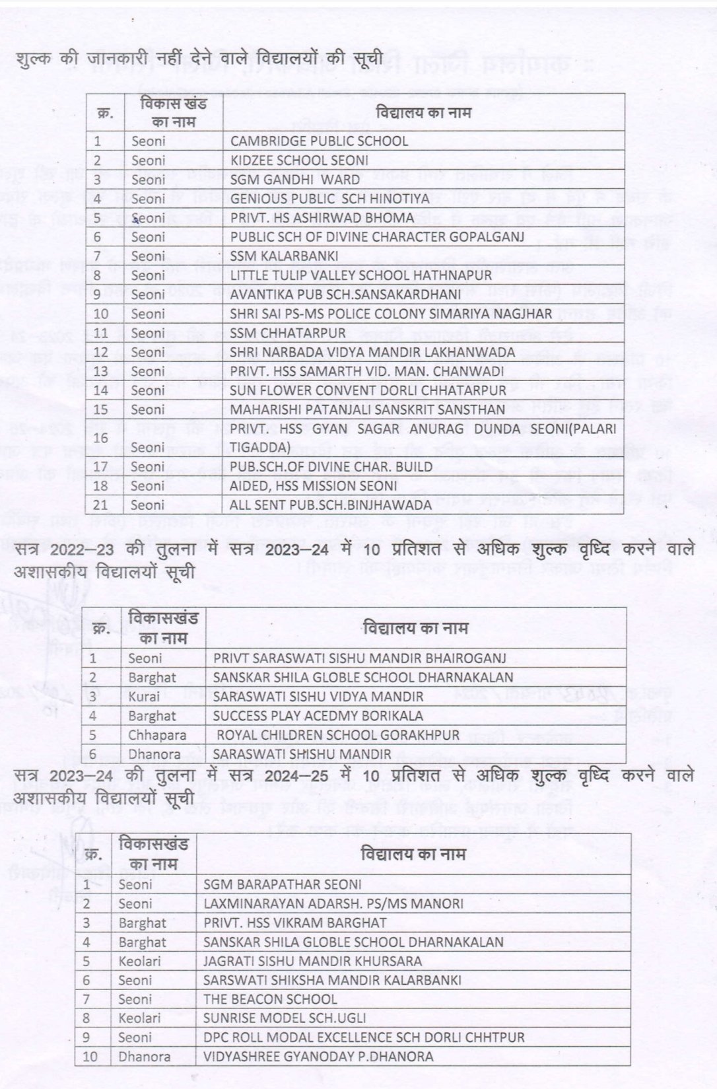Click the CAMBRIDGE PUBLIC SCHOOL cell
click(x=319, y=141)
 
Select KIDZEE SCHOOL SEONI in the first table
click(x=299, y=160)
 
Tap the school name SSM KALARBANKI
click(x=284, y=256)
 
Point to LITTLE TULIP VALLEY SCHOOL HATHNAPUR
click(x=360, y=275)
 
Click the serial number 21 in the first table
click(x=100, y=505)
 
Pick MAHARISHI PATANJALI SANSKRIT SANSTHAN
click(x=367, y=409)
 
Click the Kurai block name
click(x=144, y=697)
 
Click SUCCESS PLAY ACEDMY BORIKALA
click(x=318, y=716)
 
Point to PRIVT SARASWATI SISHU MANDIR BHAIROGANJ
click(x=359, y=658)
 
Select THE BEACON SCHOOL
click(x=270, y=1000)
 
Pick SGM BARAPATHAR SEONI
click(x=283, y=885)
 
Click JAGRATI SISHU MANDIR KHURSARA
click(x=312, y=962)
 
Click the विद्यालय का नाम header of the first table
click(x=423, y=112)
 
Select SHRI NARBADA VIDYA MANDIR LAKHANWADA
click(x=362, y=353)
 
